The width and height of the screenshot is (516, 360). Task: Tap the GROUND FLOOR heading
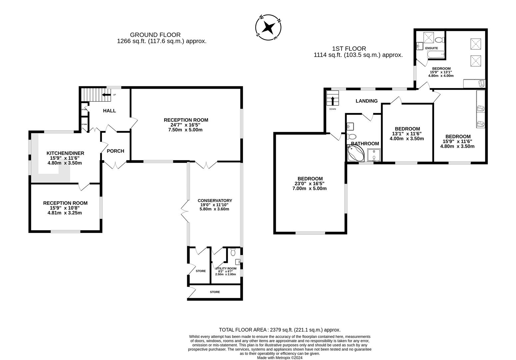click(x=155, y=35)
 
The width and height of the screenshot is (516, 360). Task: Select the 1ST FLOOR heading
click(x=349, y=49)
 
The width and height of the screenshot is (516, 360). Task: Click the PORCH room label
click(x=115, y=151)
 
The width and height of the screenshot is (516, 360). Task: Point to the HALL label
click(x=109, y=111)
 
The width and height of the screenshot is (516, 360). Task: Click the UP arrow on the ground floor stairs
click(x=107, y=95)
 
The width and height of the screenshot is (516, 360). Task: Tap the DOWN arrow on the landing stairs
click(x=332, y=100)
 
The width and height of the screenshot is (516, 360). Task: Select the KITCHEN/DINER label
click(x=65, y=153)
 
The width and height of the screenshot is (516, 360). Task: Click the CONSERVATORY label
click(x=215, y=201)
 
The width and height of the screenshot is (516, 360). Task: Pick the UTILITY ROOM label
click(x=226, y=268)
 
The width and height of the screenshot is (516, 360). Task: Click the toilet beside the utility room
click(x=233, y=251)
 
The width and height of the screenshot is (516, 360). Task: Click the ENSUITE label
click(x=431, y=48)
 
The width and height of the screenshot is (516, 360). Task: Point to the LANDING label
click(x=366, y=101)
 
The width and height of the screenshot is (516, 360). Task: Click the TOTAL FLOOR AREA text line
click(x=279, y=330)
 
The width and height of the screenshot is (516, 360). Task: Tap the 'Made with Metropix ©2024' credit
click(x=279, y=358)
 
